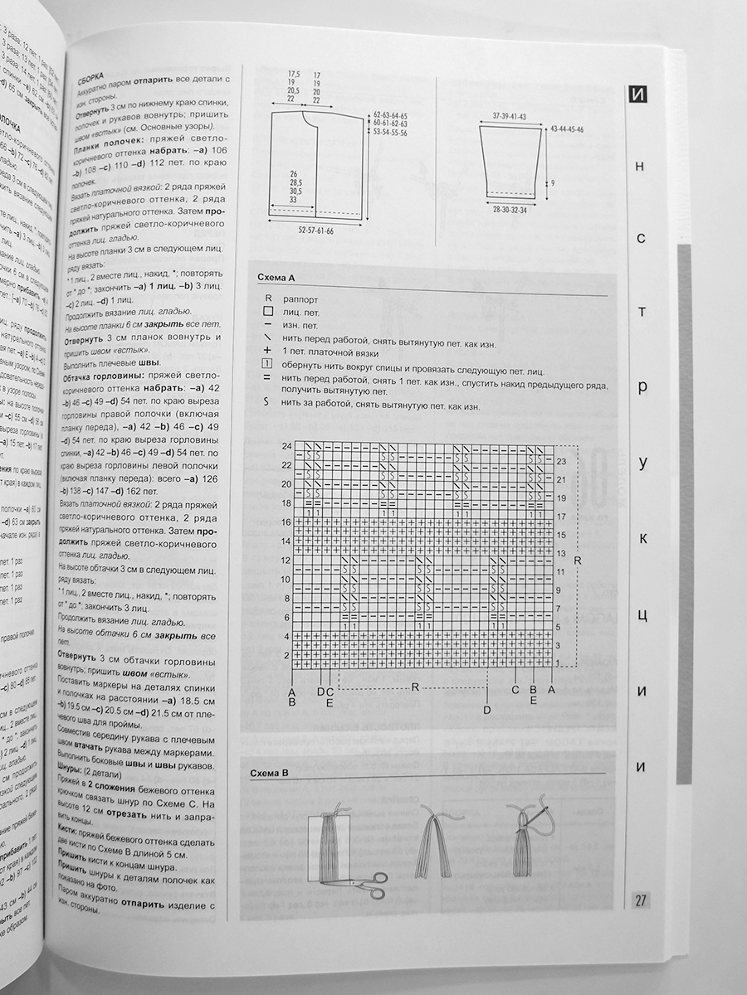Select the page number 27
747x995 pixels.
click(x=641, y=900)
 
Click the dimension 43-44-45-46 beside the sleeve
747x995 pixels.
click(x=567, y=130)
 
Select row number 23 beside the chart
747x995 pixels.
click(x=561, y=461)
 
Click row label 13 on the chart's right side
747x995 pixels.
click(x=560, y=553)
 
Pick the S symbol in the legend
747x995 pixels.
click(x=266, y=401)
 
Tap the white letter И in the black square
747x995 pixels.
click(x=637, y=94)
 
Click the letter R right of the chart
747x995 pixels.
click(x=577, y=561)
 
